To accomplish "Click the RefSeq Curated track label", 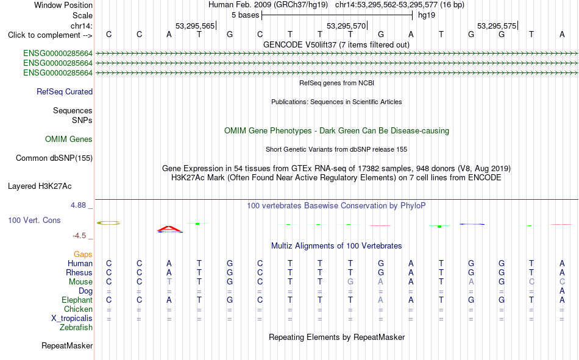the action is tap(65, 91).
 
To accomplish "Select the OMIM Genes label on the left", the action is tap(69, 139).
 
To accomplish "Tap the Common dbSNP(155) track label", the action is tap(54, 158).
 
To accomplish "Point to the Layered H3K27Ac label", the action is tap(40, 186).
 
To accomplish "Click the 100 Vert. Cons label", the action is tap(34, 220).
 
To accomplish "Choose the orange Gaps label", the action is tap(83, 255).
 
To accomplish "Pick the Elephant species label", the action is tap(77, 300).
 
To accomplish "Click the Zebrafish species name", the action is tap(76, 328).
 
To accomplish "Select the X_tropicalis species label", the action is tap(72, 319).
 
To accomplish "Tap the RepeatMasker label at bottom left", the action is tap(67, 346).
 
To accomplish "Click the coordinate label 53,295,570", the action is tap(346, 26).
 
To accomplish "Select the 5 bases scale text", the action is tap(246, 15).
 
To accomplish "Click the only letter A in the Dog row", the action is tap(562, 291).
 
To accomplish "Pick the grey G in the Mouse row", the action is tap(350, 281).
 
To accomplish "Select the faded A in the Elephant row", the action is tap(381, 300).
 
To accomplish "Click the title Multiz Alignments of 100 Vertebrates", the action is tap(336, 246).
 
